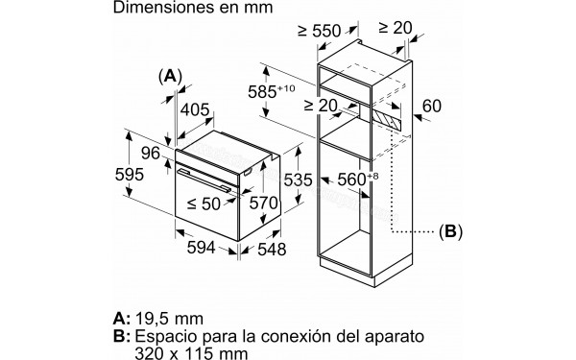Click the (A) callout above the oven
click(x=170, y=76)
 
